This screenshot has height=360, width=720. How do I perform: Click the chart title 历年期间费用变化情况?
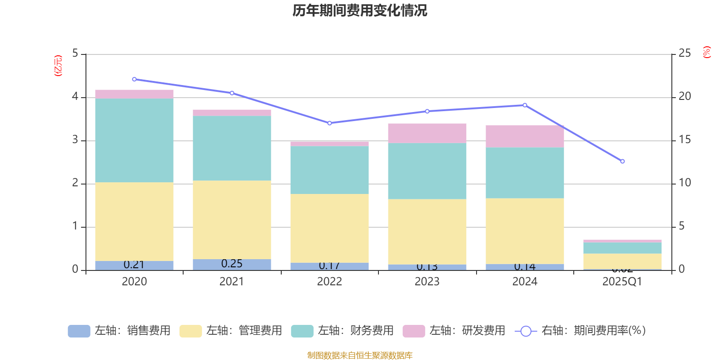pos(360,10)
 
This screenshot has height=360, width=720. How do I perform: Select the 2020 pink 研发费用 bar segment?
pos(134,94)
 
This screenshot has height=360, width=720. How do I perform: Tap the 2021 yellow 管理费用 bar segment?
pos(232,220)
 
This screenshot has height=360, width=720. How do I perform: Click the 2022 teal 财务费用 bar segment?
pos(329,170)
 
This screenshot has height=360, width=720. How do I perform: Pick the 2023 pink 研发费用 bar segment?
pos(427,133)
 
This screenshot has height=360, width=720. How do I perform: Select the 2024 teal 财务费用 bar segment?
pos(525,173)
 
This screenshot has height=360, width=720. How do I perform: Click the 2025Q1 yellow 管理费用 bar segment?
pos(622,261)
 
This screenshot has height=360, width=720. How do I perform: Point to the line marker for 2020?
pos(134,79)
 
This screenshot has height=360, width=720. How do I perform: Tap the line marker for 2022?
pos(329,123)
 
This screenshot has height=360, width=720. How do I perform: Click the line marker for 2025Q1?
pos(622,161)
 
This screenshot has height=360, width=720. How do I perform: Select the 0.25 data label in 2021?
pos(232,264)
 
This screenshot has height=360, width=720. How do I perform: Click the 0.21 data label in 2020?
pos(134,265)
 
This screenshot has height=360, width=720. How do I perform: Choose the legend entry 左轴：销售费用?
pos(119,331)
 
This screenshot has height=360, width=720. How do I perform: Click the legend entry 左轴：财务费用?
pos(342,331)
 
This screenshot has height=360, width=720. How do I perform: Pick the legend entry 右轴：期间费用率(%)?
pos(580,331)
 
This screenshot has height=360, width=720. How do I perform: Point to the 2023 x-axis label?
pos(427,282)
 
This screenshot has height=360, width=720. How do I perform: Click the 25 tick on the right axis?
pos(684,53)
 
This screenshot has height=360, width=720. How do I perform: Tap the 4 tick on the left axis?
pos(75,96)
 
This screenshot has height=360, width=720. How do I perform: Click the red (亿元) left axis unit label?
pos(58,66)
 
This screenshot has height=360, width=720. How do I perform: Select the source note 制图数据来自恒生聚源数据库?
pos(360,355)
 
